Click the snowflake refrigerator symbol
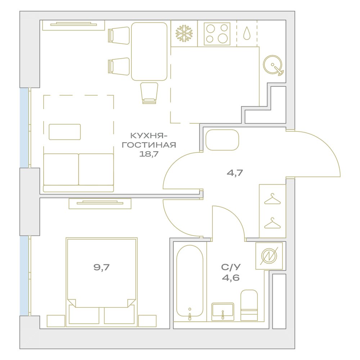184,33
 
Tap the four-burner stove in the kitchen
217,34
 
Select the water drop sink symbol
247,33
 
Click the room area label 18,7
149,154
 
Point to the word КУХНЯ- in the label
149,136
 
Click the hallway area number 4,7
235,172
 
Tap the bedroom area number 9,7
102,267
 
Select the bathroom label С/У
231,267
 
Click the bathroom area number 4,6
231,278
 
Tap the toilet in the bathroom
249,305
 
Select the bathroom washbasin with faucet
223,312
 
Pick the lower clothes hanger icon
272,223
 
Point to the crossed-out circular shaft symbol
269,256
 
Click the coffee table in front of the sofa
65,132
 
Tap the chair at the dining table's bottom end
149,93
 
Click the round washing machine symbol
273,65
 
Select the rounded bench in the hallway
222,140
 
